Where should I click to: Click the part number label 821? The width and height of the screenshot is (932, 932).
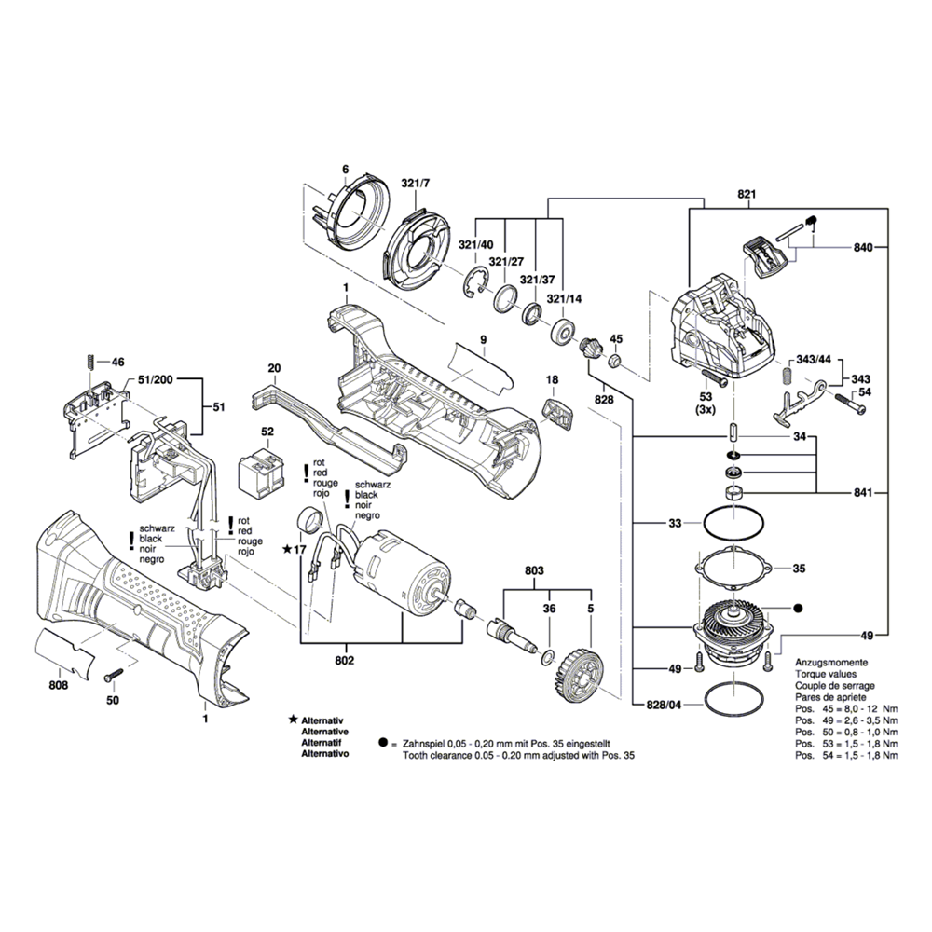pyautogui.click(x=746, y=194)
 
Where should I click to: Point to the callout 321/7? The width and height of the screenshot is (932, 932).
pyautogui.click(x=416, y=183)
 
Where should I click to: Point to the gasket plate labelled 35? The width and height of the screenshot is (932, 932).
pyautogui.click(x=732, y=569)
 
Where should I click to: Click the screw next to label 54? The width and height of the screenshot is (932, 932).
pyautogui.click(x=843, y=404)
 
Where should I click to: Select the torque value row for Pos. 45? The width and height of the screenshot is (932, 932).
pyautogui.click(x=846, y=708)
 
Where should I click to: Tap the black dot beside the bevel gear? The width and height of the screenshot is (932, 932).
pyautogui.click(x=797, y=608)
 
